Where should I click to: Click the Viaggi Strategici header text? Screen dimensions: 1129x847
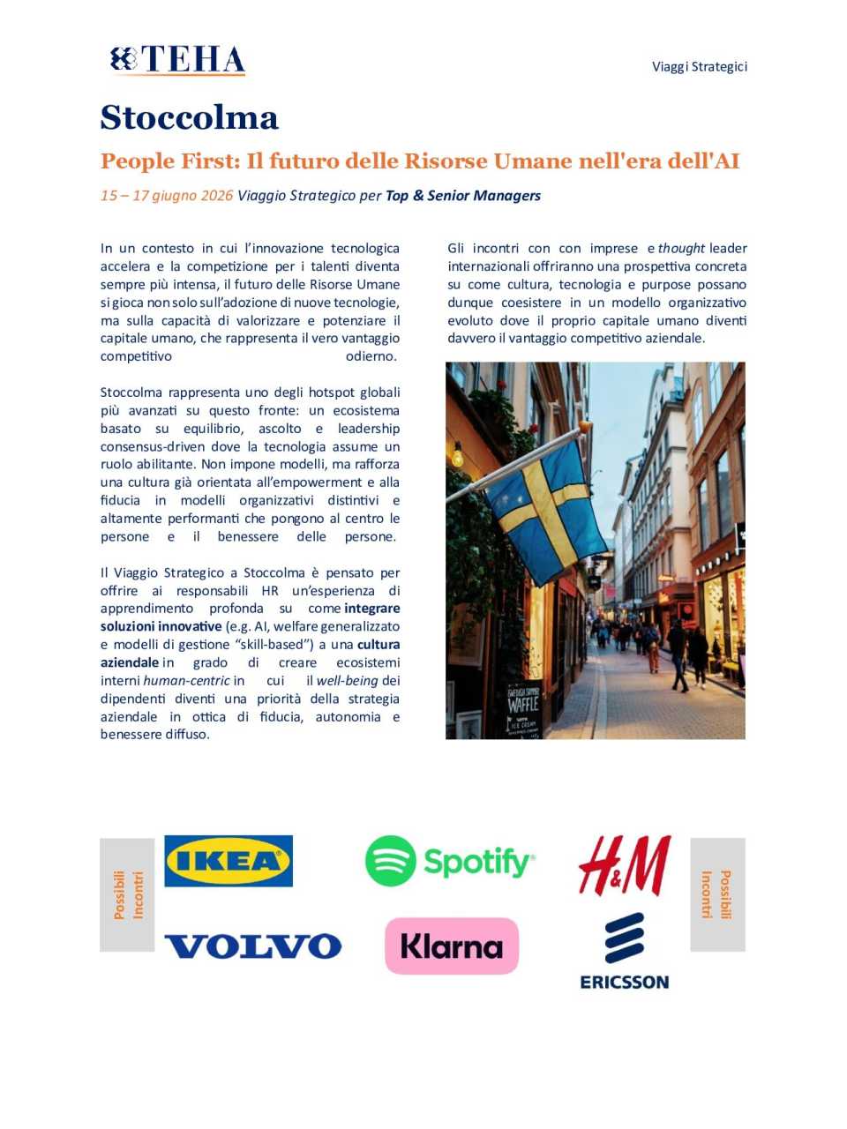[699, 66]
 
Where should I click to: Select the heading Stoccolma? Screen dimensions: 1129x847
[189, 117]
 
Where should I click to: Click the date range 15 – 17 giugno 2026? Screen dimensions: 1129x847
[167, 196]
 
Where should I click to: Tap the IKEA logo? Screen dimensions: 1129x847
[229, 861]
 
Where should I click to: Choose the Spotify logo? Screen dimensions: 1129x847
[450, 861]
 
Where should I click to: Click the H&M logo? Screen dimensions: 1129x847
[625, 865]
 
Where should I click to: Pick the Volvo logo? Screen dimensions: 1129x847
[252, 946]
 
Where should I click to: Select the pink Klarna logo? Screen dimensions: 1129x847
[452, 946]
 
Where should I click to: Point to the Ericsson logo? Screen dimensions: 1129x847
[625, 951]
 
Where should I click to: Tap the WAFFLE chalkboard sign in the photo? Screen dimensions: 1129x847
[523, 705]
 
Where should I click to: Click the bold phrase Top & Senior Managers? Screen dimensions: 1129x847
[463, 196]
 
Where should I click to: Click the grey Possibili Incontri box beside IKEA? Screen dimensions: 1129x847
[127, 894]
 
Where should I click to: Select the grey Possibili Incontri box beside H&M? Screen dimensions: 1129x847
[716, 894]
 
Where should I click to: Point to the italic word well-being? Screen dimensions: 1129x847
[347, 681]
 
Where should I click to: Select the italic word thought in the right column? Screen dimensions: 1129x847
[681, 249]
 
